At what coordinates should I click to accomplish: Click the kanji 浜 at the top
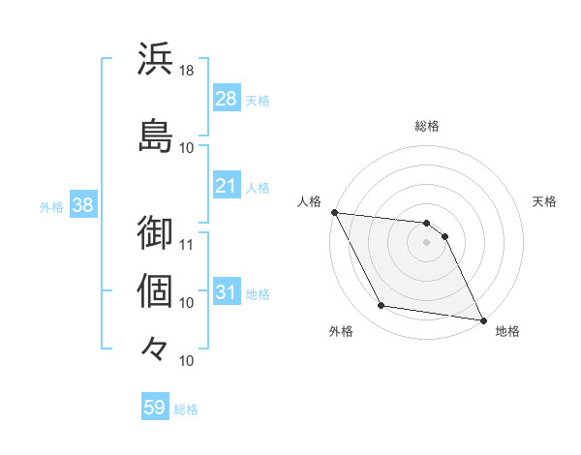[156, 59]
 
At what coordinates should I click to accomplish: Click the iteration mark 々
[156, 347]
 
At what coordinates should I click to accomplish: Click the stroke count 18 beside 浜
[187, 71]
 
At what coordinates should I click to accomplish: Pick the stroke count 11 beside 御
[187, 244]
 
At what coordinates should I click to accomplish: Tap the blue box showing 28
[227, 98]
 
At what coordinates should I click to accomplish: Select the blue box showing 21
[227, 186]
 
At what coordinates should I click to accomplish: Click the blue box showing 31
[227, 292]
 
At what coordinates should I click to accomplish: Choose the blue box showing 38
[82, 205]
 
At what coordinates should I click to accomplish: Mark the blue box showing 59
[155, 408]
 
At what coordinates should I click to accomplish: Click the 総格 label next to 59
[186, 409]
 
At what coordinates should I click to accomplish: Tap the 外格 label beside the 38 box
[51, 206]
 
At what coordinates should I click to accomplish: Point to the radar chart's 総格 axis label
[427, 126]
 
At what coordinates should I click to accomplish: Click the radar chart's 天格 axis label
[545, 202]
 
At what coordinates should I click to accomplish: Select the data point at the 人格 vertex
[334, 212]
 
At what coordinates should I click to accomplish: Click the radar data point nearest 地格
[482, 319]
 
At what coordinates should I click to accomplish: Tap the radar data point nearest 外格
[382, 307]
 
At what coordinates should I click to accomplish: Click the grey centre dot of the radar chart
[427, 242]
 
